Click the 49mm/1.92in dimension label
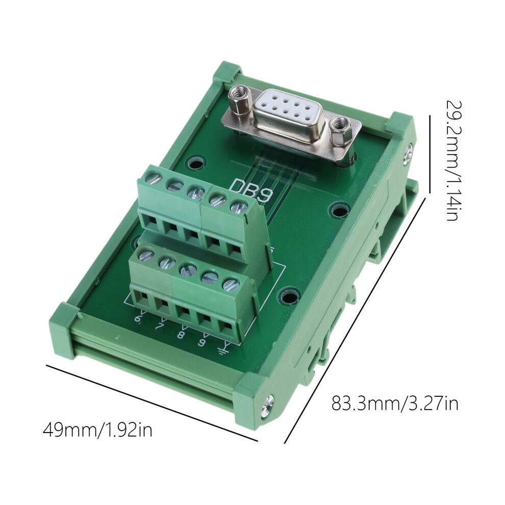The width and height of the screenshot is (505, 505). coord(97,430)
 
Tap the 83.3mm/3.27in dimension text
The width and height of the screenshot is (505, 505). coord(395,403)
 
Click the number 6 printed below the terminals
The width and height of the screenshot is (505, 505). coord(138,318)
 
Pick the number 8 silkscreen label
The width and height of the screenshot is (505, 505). coord(181,334)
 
